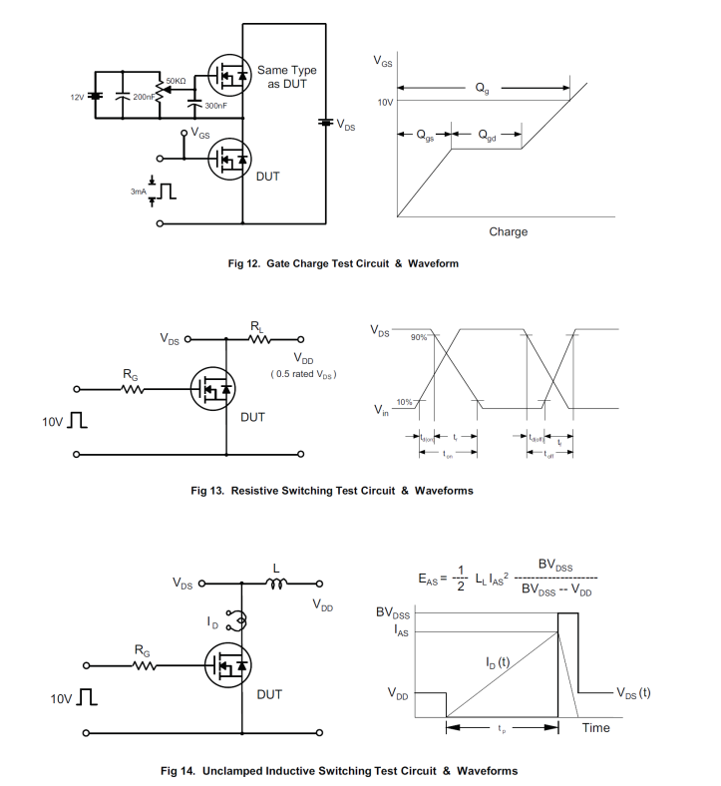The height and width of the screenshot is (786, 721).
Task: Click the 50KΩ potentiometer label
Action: click(176, 80)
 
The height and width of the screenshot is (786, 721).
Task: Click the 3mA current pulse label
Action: click(138, 190)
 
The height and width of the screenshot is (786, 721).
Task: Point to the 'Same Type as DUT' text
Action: click(287, 77)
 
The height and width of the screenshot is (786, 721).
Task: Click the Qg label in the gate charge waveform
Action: click(483, 89)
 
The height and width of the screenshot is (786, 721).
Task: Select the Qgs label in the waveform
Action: click(426, 135)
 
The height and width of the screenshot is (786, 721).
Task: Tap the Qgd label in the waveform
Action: click(486, 135)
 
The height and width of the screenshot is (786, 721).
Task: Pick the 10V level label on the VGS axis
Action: click(385, 103)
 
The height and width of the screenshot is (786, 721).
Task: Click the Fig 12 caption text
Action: click(343, 263)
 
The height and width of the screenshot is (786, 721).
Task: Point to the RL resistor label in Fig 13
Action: click(257, 325)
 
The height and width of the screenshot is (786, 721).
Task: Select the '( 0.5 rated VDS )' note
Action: click(304, 374)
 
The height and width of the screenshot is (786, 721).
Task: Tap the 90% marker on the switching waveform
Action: click(419, 337)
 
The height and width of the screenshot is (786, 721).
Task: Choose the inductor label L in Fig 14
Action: click(276, 569)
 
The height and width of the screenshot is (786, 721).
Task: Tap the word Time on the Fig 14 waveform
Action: click(595, 728)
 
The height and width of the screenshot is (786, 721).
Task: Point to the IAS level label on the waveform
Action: click(399, 630)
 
